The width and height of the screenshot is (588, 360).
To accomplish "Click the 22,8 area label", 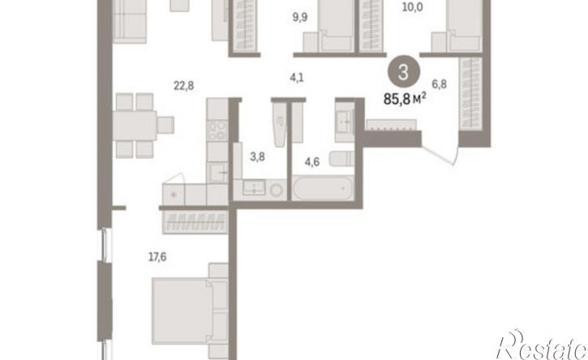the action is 184,86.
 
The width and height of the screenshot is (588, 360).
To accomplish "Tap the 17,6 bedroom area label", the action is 157,257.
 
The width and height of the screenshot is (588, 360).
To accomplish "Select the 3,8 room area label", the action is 257,156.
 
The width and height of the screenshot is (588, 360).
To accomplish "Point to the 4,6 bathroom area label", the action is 312,162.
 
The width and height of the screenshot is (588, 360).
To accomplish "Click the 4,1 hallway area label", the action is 296,78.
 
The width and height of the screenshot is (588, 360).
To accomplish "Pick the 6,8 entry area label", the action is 439,84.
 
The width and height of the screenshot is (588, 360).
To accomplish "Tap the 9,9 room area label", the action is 300,17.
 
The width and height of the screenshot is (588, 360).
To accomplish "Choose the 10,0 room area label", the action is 412,7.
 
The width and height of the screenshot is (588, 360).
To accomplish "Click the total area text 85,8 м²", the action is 405,99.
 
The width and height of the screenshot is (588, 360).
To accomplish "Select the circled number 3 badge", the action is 403,72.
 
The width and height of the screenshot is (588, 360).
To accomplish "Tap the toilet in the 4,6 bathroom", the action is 342,159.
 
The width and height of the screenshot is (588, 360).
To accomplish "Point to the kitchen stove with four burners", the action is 217,130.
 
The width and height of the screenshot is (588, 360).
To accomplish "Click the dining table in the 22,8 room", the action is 135,125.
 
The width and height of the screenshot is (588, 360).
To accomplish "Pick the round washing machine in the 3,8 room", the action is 277,190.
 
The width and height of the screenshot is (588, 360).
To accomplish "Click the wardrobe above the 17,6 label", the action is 195,222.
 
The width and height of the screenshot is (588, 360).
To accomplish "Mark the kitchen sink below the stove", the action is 217,173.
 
